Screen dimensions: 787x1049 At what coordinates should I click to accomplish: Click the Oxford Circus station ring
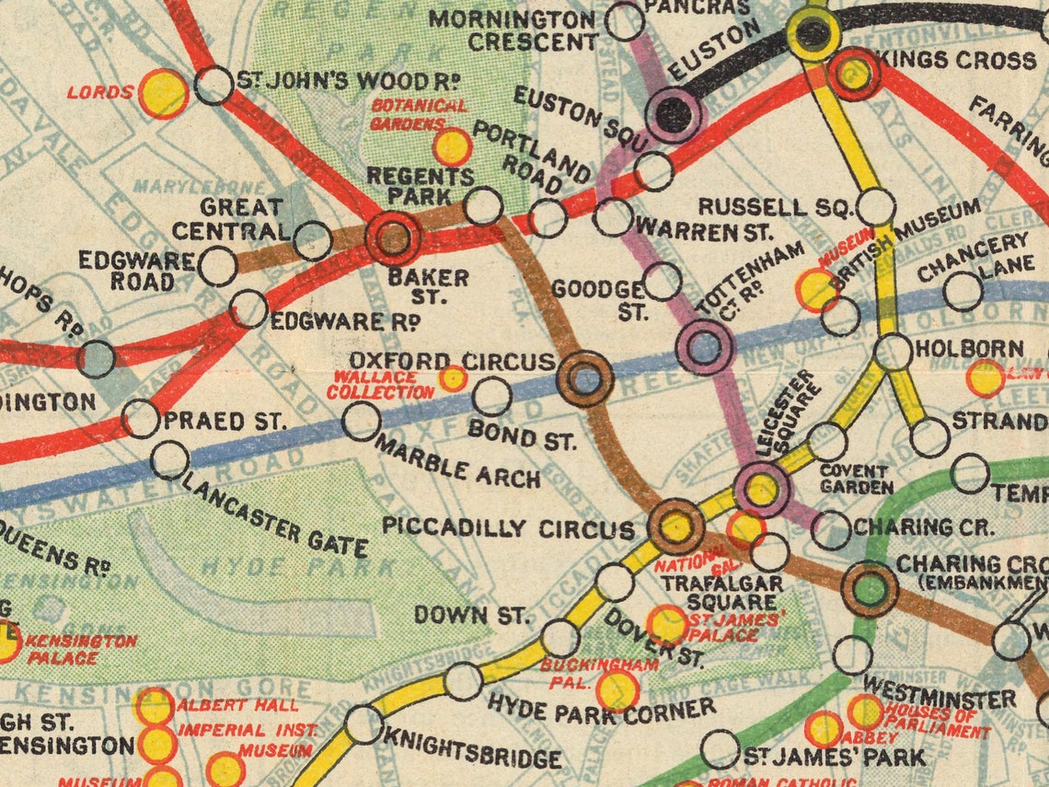tap(585, 378)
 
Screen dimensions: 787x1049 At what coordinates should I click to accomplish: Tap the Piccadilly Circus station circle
tap(676, 527)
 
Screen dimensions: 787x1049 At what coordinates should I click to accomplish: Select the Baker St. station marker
tap(394, 237)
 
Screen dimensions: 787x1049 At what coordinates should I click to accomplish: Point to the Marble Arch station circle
tap(361, 421)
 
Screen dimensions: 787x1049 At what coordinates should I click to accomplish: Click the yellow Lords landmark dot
tap(164, 93)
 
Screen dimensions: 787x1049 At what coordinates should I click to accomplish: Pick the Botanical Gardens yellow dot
tap(452, 147)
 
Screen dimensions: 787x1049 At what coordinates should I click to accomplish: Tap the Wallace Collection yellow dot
tap(452, 378)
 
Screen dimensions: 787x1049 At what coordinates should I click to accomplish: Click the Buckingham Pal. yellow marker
tap(617, 689)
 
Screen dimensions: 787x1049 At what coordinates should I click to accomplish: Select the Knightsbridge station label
tap(470, 758)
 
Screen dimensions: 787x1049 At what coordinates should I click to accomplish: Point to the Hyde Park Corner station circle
tap(464, 681)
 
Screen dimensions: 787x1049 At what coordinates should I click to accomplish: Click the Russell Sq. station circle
tap(876, 207)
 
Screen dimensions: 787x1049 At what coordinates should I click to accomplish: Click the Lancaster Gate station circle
tap(169, 460)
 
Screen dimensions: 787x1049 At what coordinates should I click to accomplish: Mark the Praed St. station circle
tap(140, 419)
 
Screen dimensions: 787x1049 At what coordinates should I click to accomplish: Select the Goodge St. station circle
tap(663, 282)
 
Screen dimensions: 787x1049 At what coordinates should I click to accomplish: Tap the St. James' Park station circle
tap(720, 749)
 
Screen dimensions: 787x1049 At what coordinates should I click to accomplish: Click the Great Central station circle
tap(313, 240)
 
